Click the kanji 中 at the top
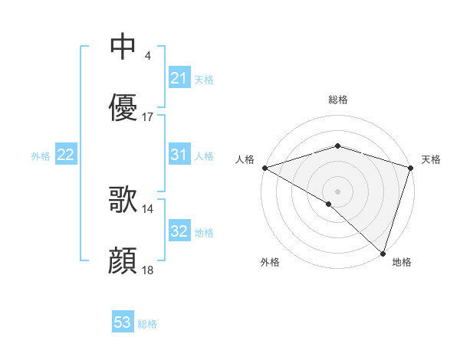[x=123, y=46]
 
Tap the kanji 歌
[x=123, y=200]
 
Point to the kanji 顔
[x=123, y=261]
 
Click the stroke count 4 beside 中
[x=147, y=55]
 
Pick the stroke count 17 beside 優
[x=148, y=117]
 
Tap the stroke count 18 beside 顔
[x=148, y=271]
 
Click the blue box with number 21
[x=179, y=78]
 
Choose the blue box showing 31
[x=179, y=155]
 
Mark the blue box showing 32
[x=179, y=231]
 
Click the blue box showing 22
[x=66, y=155]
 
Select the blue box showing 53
[x=123, y=323]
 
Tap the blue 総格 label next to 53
[x=148, y=324]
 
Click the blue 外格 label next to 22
[x=41, y=155]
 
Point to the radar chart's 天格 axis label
[x=431, y=159]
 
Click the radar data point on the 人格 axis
[x=264, y=168]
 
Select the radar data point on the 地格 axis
[x=383, y=253]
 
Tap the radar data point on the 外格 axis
[x=329, y=204]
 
